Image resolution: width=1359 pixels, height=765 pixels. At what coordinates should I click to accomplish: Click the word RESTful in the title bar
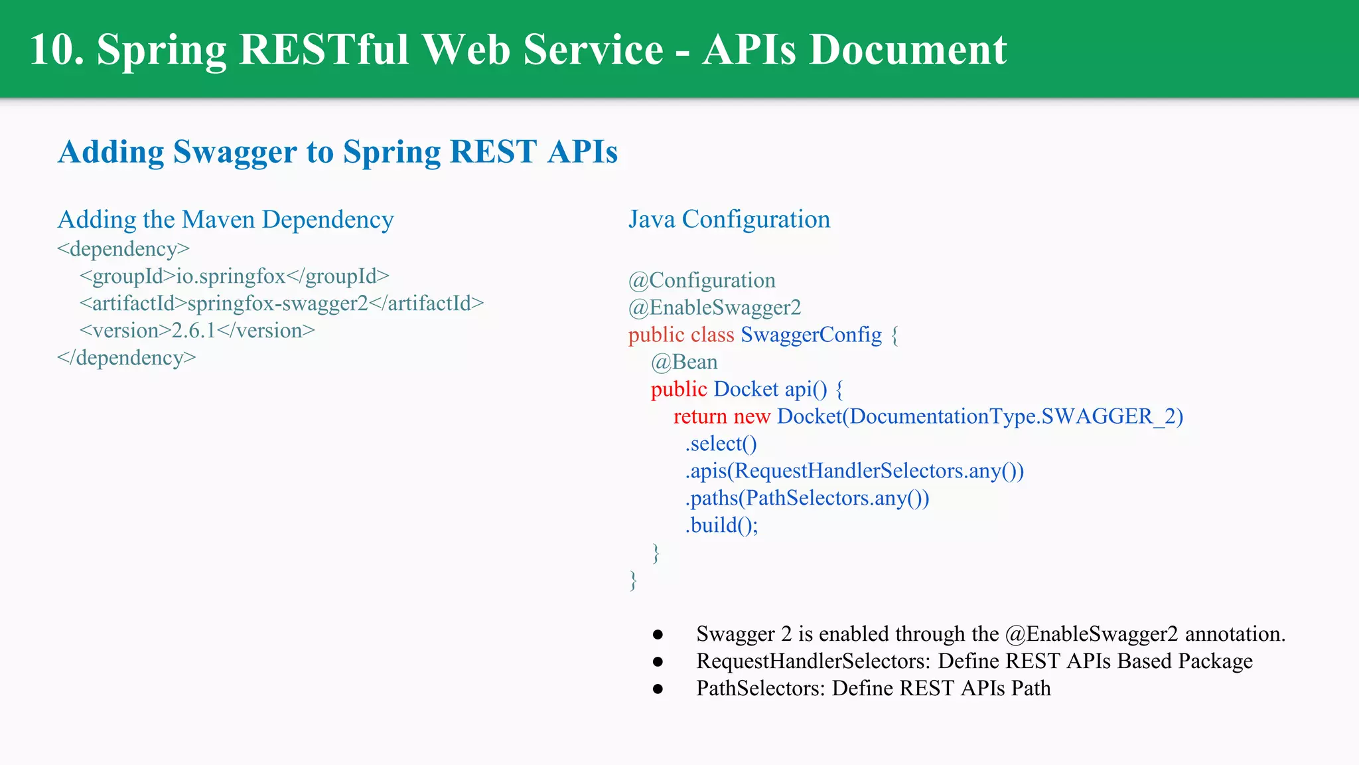click(323, 50)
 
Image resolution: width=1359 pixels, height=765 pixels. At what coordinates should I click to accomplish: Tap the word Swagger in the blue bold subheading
click(235, 152)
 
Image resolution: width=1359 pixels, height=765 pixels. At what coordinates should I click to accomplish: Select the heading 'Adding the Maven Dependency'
click(226, 220)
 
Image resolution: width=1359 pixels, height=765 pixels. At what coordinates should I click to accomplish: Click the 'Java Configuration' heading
click(729, 219)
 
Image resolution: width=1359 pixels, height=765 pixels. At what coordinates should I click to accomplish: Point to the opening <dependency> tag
click(123, 249)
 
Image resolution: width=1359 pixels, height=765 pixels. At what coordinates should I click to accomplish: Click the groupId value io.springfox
click(230, 276)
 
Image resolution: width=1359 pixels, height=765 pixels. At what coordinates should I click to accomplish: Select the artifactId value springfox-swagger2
click(277, 303)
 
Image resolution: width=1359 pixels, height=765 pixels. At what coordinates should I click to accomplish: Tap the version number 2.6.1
click(194, 331)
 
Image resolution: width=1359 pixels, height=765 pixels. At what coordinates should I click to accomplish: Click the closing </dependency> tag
click(126, 358)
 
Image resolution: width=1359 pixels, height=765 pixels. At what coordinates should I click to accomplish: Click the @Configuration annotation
click(702, 280)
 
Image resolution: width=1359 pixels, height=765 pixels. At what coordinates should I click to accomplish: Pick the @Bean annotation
click(684, 362)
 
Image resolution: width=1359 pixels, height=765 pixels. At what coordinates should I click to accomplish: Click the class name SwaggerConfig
click(811, 335)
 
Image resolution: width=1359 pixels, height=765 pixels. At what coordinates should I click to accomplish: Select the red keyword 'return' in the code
click(700, 416)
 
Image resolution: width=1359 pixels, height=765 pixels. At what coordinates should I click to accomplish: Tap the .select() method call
click(721, 444)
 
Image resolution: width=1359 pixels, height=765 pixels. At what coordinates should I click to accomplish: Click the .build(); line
click(721, 525)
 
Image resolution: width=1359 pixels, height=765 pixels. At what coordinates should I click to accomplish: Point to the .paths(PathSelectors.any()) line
click(807, 498)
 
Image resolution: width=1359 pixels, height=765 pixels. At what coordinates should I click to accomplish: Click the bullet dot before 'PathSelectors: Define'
click(658, 689)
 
